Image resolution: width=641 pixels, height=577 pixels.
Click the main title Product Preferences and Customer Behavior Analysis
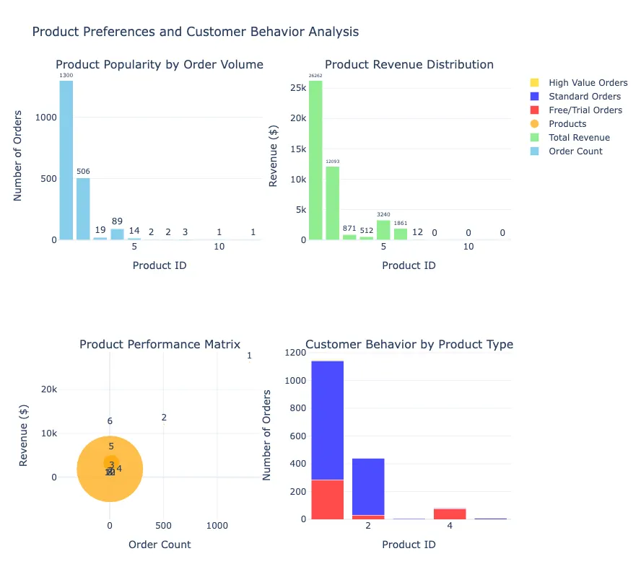point(195,32)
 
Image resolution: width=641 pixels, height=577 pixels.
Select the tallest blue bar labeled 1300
point(66,159)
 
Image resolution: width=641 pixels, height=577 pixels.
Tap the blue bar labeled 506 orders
point(83,208)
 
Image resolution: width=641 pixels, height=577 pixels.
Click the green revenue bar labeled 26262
point(315,159)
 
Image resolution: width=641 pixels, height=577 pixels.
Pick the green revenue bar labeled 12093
point(332,203)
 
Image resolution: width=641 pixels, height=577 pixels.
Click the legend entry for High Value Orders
point(588,83)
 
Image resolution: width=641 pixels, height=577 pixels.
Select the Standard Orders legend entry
point(584,97)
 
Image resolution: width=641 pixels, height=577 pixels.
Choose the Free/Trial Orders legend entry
point(585,110)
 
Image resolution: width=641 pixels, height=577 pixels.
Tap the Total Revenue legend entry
point(579,138)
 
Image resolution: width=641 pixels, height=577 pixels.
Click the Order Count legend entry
point(575,151)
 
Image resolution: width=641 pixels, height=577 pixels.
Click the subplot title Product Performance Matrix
point(160,344)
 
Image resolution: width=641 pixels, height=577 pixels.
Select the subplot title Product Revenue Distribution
point(409,64)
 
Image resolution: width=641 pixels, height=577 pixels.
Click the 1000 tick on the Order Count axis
point(217,527)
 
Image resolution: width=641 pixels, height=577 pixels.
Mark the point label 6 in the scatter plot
point(110,421)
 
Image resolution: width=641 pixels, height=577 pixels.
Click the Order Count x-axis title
point(160,545)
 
